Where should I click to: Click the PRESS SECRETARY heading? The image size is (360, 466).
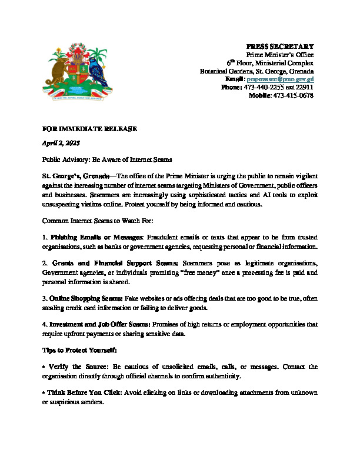(x=279, y=46)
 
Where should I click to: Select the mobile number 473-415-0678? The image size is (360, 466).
(x=293, y=95)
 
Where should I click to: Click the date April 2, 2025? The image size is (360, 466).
(x=61, y=144)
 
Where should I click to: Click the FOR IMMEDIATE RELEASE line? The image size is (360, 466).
(x=89, y=128)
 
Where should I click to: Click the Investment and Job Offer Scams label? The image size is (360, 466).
(x=99, y=324)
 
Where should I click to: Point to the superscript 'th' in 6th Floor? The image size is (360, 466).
(x=234, y=60)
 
